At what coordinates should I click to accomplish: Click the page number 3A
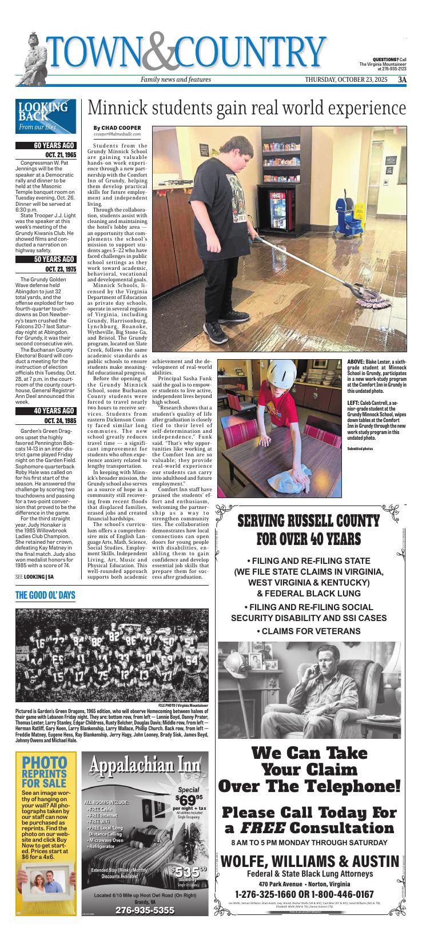click(x=402, y=79)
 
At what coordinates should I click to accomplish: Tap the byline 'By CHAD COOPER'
click(x=117, y=128)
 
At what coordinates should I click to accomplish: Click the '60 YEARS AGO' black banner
click(x=46, y=146)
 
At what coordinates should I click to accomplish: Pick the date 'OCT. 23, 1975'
click(x=59, y=269)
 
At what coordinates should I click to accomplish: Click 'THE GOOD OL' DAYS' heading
click(x=46, y=596)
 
